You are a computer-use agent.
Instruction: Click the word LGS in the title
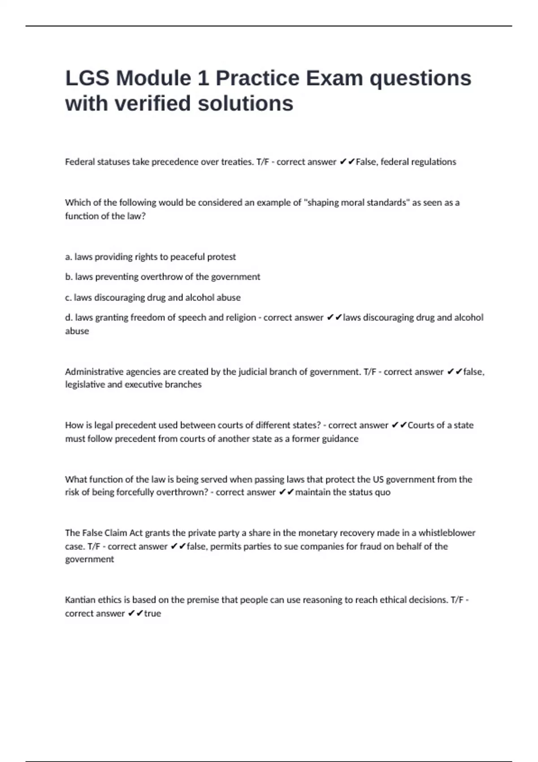[x=87, y=78]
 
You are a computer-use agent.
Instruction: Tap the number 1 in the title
[x=203, y=78]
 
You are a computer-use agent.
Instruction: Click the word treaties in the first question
[x=237, y=162]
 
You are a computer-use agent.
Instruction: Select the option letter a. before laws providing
[x=69, y=257]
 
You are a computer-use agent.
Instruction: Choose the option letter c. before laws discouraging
[x=68, y=297]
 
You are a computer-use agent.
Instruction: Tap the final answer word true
[x=152, y=613]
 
